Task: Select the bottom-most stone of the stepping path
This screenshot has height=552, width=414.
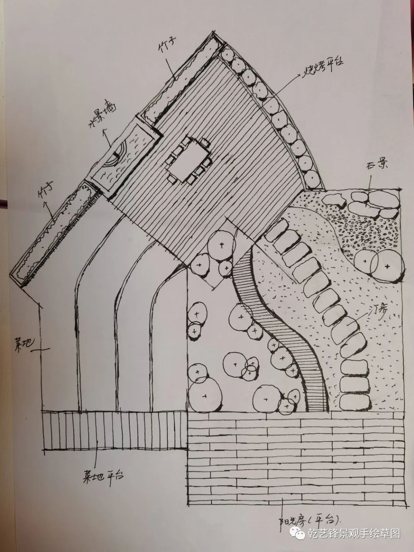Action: (x=354, y=401)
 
